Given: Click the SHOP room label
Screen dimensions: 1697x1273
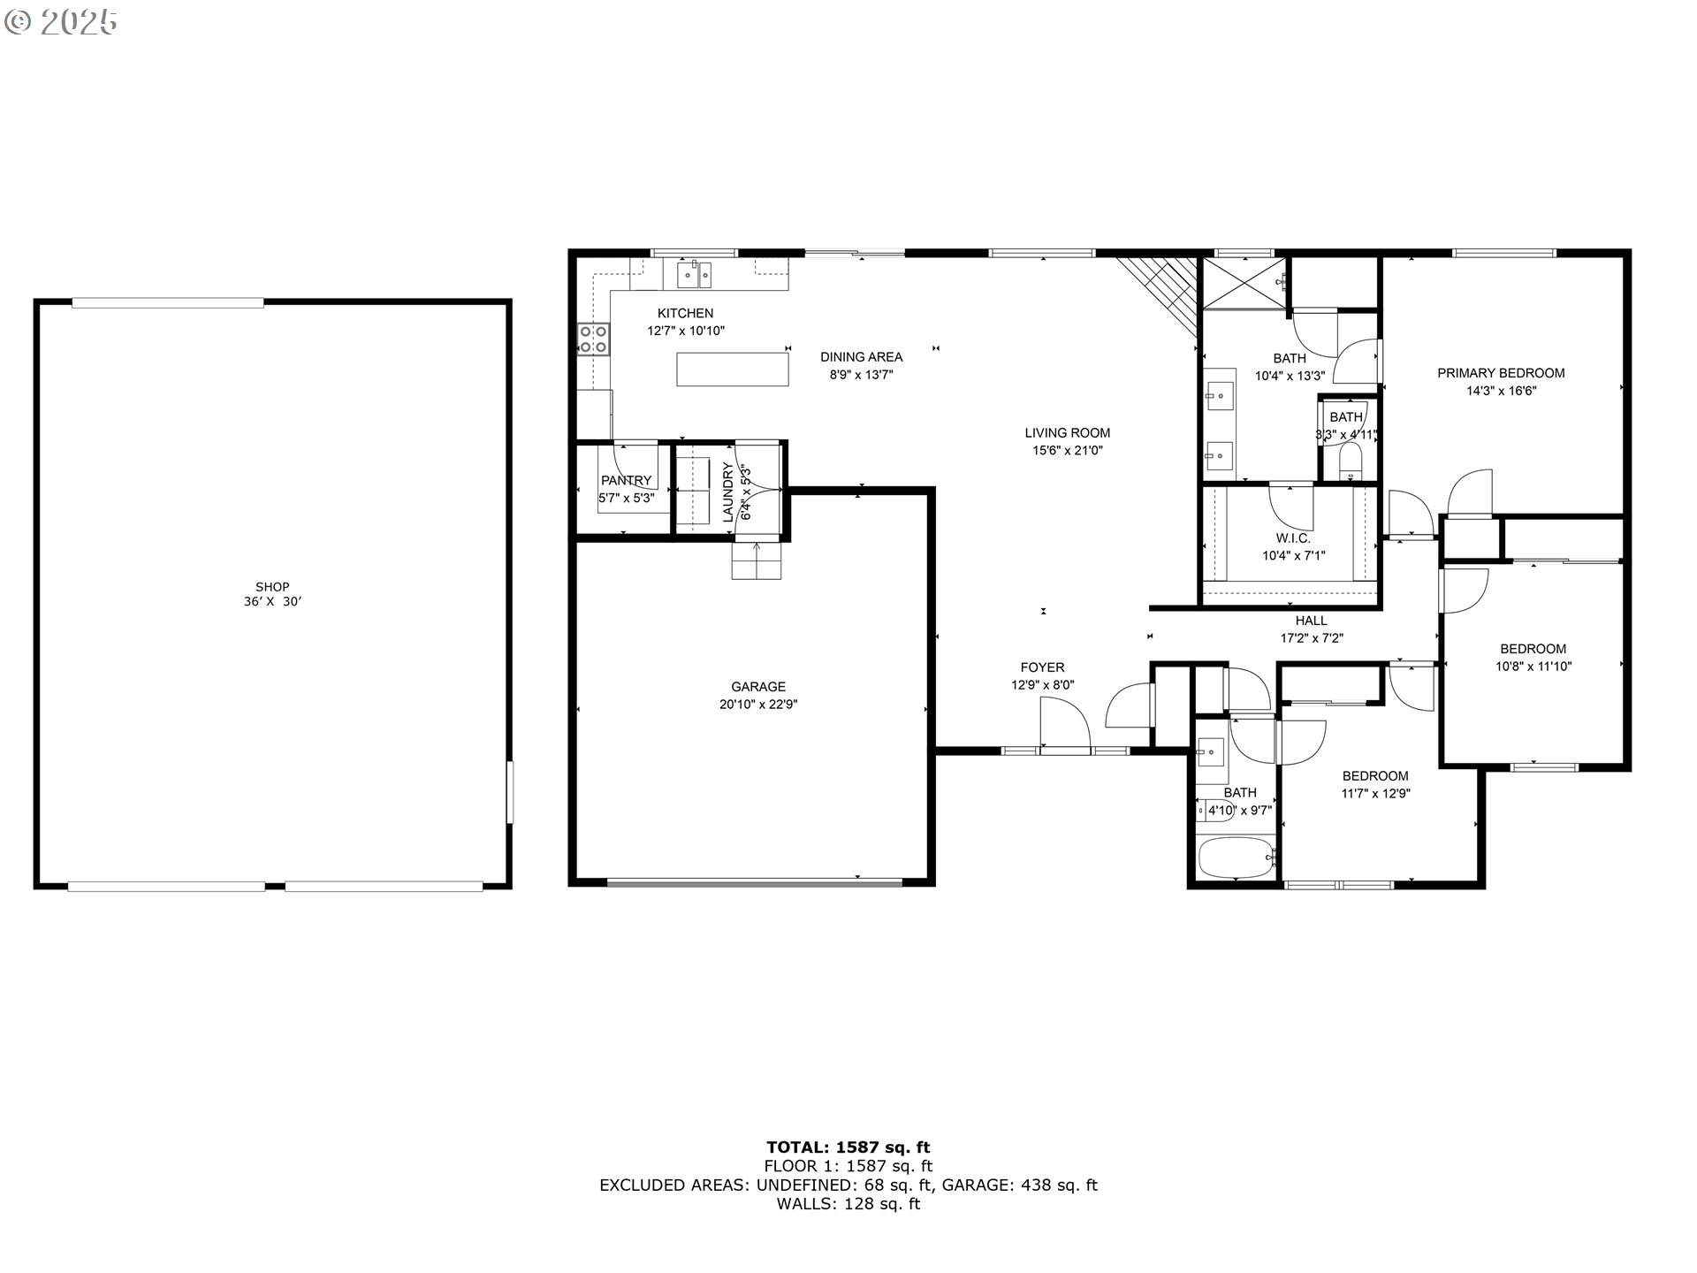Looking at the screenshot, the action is [x=272, y=587].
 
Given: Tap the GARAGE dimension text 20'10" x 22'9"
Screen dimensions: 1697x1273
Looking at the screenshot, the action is [x=758, y=705].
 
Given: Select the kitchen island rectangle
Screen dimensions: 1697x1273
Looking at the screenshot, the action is [x=733, y=369].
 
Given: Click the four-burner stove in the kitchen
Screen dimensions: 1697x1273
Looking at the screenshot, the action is [x=594, y=339].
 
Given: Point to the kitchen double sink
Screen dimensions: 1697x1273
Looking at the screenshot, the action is [x=695, y=275].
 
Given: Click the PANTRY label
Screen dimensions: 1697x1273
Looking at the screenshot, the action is [x=626, y=481].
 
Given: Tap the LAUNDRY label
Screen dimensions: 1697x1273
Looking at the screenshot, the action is [x=728, y=492].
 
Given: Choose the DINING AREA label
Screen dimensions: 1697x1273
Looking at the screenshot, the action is [x=861, y=357].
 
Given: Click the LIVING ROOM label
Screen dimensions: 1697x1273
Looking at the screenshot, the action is [x=1067, y=433].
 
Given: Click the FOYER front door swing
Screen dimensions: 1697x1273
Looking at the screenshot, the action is [x=1065, y=723].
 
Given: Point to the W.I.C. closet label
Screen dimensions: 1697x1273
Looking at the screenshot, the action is [x=1293, y=538].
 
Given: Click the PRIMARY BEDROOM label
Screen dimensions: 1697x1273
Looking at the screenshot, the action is [x=1501, y=373].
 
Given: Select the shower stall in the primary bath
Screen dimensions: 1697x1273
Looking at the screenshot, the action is [x=1244, y=283].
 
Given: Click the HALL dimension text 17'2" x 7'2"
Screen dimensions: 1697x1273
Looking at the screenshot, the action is [x=1312, y=638].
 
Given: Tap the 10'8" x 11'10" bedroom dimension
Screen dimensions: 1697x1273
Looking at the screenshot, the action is [x=1533, y=667].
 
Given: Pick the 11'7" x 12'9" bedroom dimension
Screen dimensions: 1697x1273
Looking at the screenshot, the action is [x=1375, y=794].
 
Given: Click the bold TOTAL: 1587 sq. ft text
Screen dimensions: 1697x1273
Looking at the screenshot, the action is [x=848, y=1148].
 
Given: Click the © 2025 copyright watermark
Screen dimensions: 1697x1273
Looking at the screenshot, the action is [x=61, y=23].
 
